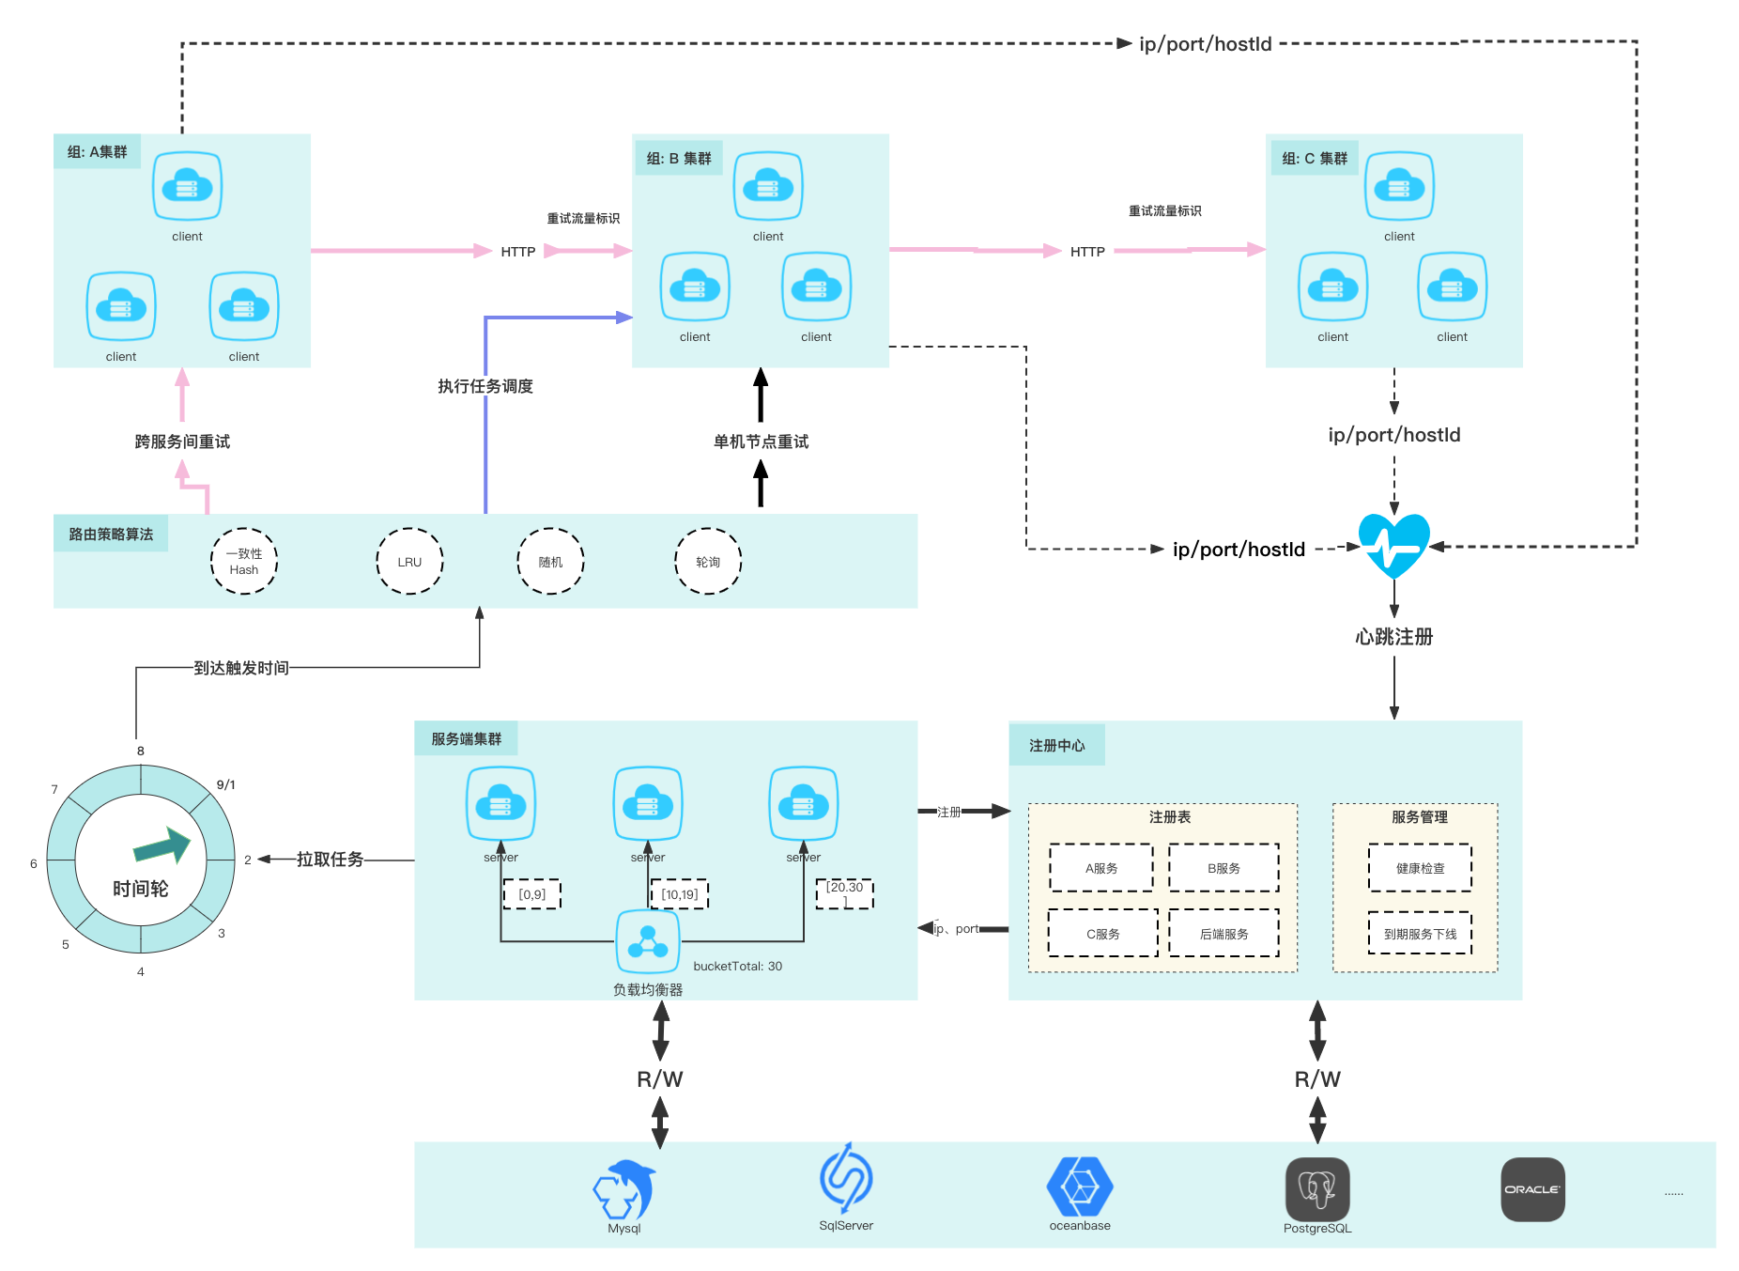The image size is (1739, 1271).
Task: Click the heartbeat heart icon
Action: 1393,545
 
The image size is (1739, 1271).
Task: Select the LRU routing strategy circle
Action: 409,562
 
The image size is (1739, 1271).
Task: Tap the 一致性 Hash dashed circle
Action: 244,562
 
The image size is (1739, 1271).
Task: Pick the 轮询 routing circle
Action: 708,562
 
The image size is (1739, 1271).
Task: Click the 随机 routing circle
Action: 550,562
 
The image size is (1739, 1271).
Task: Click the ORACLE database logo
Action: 1532,1189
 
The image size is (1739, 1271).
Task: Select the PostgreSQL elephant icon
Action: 1317,1189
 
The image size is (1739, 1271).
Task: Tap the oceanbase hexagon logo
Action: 1080,1186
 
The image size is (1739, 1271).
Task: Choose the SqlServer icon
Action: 846,1179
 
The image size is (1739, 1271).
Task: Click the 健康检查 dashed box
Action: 1420,868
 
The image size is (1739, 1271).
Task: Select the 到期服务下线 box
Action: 1420,934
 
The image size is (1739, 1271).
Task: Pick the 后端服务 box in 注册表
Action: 1223,934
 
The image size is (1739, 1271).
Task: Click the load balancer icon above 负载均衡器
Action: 648,941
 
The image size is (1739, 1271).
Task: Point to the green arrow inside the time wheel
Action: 162,845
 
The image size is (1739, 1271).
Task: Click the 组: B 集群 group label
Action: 679,159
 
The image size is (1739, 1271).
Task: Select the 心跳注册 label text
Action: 1393,637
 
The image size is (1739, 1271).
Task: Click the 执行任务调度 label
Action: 485,386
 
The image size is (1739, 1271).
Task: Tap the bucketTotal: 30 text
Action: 737,966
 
